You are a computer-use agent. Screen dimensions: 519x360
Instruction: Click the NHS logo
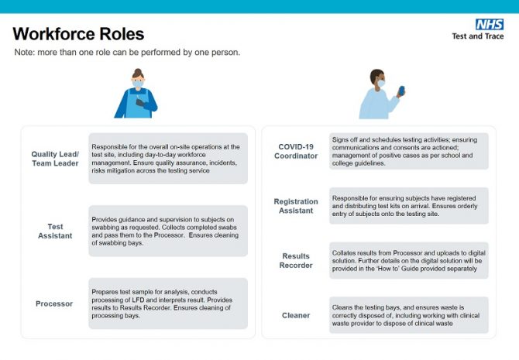(x=490, y=25)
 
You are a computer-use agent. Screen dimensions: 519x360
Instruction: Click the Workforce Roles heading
(x=78, y=34)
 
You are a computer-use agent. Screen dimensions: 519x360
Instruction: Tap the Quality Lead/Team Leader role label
(x=55, y=159)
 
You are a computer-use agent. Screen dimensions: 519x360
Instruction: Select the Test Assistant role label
(x=55, y=231)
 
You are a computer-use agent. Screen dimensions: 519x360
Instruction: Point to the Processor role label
(x=54, y=303)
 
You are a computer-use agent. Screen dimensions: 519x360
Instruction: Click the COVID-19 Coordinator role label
(x=296, y=151)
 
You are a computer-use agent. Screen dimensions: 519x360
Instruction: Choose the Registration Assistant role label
(x=296, y=206)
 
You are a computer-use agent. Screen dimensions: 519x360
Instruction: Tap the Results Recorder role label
(x=296, y=260)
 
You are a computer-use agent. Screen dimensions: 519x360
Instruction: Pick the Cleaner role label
(x=296, y=315)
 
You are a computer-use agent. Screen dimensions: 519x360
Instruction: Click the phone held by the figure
(x=401, y=91)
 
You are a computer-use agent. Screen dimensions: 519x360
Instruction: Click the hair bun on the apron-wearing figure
(x=138, y=71)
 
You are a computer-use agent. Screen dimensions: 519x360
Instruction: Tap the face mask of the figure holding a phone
(x=381, y=83)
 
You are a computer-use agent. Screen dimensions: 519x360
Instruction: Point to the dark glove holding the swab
(x=140, y=103)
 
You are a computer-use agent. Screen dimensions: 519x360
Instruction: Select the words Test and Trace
(x=478, y=36)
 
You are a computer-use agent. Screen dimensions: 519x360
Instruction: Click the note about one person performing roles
(x=127, y=53)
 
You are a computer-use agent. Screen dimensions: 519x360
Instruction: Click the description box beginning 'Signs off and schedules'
(x=409, y=151)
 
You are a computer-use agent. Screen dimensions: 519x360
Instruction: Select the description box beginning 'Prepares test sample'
(x=168, y=303)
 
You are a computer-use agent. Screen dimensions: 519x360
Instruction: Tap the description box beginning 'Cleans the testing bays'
(x=409, y=315)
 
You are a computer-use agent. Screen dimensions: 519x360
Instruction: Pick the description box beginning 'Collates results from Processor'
(x=409, y=260)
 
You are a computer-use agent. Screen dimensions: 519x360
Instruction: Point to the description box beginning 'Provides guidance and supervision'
(x=168, y=231)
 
